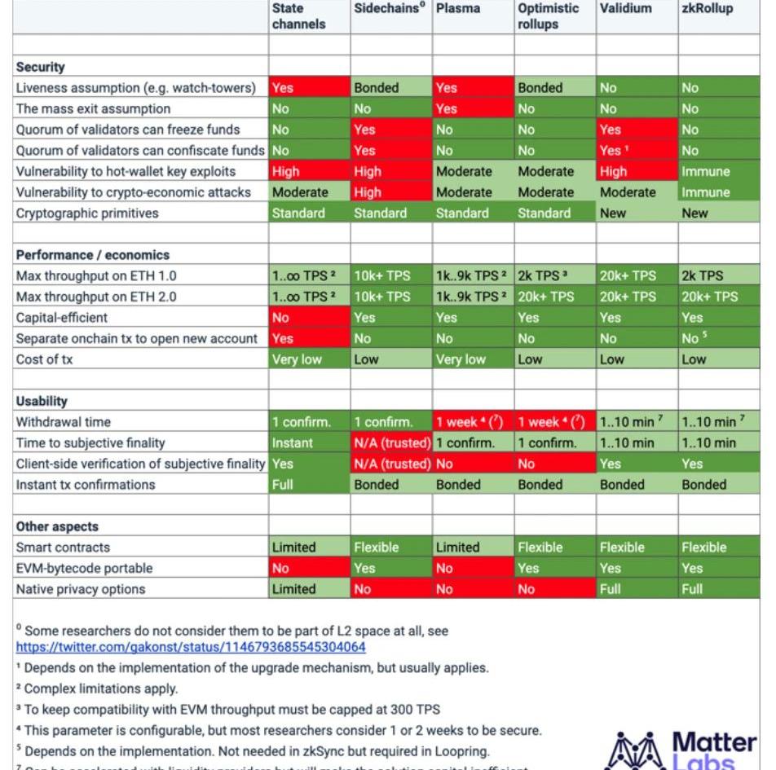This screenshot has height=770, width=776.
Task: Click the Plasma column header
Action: (x=458, y=9)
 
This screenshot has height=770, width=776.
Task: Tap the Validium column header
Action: (x=625, y=9)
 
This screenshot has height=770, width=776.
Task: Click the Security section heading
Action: (x=41, y=67)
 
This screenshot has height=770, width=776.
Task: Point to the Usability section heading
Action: (x=42, y=401)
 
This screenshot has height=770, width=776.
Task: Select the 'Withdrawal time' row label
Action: (x=64, y=422)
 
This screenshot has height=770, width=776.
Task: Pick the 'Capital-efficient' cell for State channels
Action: (x=310, y=318)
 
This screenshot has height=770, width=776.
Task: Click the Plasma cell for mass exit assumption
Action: (x=473, y=108)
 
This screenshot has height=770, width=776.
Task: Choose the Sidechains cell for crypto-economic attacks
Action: (x=391, y=192)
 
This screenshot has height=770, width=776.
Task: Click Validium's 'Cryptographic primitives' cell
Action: (x=637, y=213)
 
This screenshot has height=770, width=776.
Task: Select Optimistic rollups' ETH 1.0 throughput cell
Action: (x=555, y=276)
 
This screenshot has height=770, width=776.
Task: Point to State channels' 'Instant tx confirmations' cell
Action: (x=310, y=485)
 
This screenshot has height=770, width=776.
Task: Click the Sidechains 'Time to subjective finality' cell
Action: (x=391, y=443)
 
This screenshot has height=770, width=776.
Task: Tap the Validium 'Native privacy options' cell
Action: (x=637, y=589)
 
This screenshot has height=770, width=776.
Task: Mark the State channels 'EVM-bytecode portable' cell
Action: (x=310, y=568)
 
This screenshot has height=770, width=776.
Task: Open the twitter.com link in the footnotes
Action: (x=191, y=647)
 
